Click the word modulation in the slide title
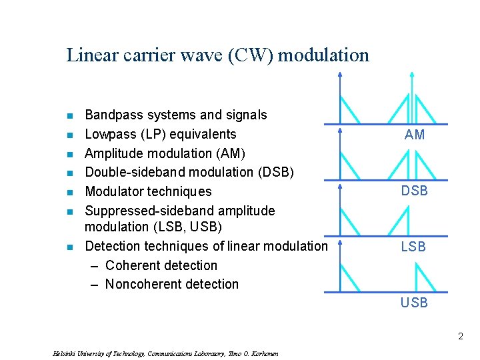pos(323,55)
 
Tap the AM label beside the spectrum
pos(414,135)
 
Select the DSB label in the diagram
pos(414,191)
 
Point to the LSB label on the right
pos(413,247)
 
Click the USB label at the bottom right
pos(414,303)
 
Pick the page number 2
pos(460,337)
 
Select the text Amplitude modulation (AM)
pos(165,153)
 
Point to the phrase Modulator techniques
pos(148,191)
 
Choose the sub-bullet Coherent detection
pos(161,265)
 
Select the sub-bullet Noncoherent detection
pos(171,284)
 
